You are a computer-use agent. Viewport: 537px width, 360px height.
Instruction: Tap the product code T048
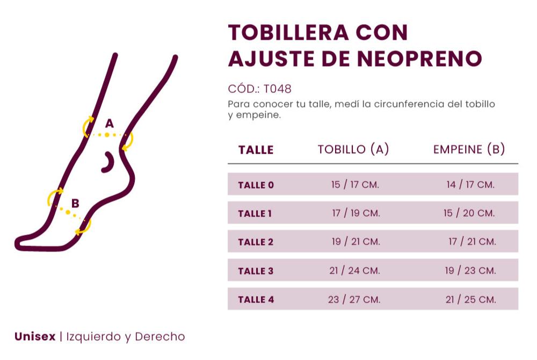point(278,89)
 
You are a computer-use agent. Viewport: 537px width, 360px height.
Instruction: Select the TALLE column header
point(256,150)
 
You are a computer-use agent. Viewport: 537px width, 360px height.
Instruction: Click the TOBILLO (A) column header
point(353,149)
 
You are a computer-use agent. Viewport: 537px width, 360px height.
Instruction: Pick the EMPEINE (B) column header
point(469,149)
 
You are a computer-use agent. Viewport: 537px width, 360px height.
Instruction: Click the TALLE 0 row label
point(256,185)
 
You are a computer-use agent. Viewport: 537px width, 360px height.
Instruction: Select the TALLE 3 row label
point(256,271)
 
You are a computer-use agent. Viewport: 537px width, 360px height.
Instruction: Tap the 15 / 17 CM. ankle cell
point(355,185)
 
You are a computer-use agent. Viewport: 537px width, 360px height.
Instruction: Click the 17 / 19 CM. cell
point(355,213)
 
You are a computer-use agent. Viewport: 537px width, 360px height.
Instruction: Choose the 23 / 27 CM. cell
point(354,299)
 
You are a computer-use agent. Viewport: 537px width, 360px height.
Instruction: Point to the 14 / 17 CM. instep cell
point(470,185)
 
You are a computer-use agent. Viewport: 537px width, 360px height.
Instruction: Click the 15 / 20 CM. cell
point(469,213)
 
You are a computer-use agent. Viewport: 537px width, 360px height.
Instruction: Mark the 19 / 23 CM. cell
point(470,271)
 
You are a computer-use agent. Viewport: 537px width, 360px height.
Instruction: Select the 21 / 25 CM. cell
point(470,299)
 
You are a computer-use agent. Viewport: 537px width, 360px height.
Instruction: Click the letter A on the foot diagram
point(110,124)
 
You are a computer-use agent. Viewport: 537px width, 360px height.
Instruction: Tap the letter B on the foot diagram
point(75,204)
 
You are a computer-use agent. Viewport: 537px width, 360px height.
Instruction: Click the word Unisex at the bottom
point(35,337)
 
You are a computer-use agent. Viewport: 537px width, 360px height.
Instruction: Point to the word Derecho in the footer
point(159,337)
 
